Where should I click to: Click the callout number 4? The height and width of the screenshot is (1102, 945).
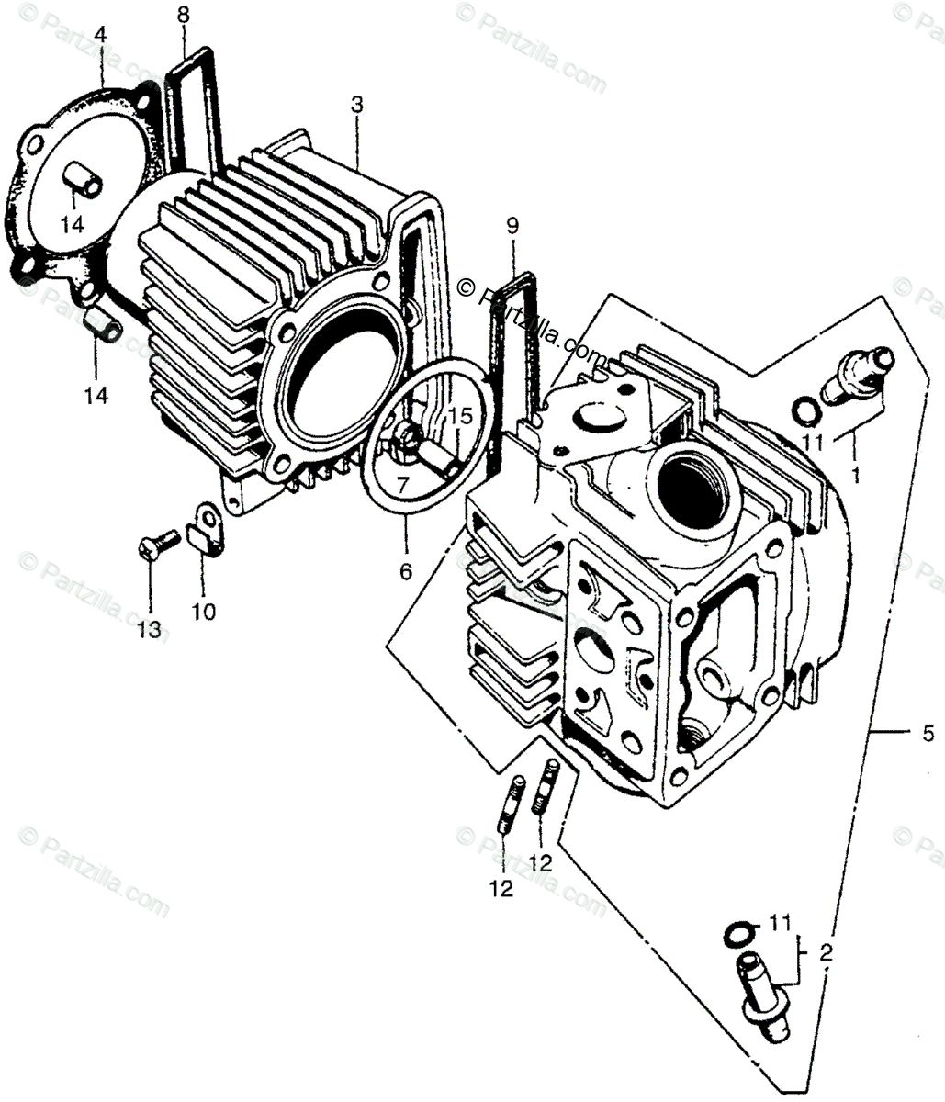[x=99, y=34]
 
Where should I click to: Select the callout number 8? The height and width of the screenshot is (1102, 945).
[x=183, y=15]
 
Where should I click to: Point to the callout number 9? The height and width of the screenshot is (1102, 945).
[x=512, y=224]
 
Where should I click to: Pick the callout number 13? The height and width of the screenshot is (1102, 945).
[x=149, y=630]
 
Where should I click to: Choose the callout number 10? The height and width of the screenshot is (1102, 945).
[x=204, y=612]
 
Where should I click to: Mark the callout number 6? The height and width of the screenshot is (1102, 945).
[x=405, y=571]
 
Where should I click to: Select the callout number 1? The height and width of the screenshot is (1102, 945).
[x=856, y=478]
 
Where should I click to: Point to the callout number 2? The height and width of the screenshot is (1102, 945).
[x=826, y=953]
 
